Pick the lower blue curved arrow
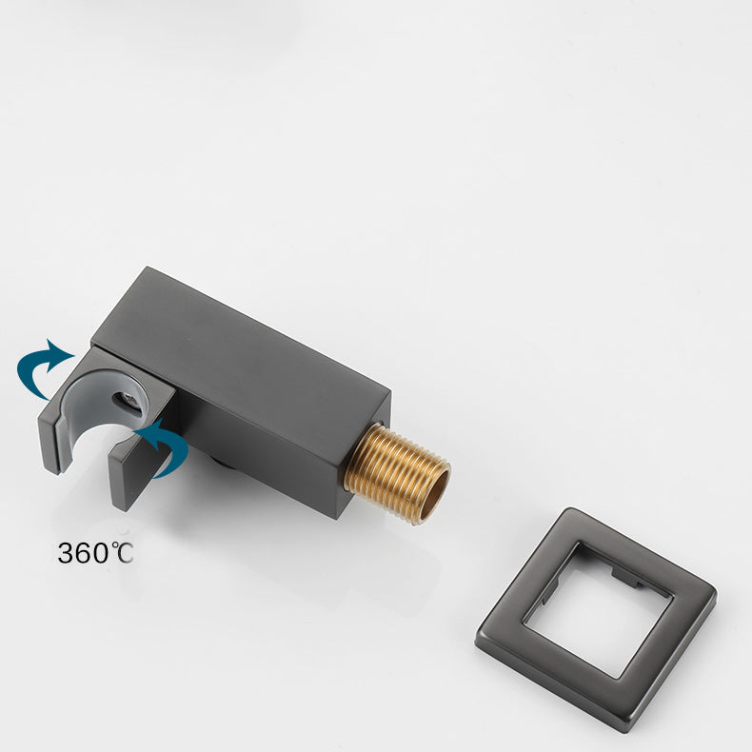tap(164, 447)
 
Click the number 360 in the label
tap(84, 553)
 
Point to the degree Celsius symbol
tap(122, 552)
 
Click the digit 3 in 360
tap(66, 553)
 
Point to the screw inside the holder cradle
tap(129, 399)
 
